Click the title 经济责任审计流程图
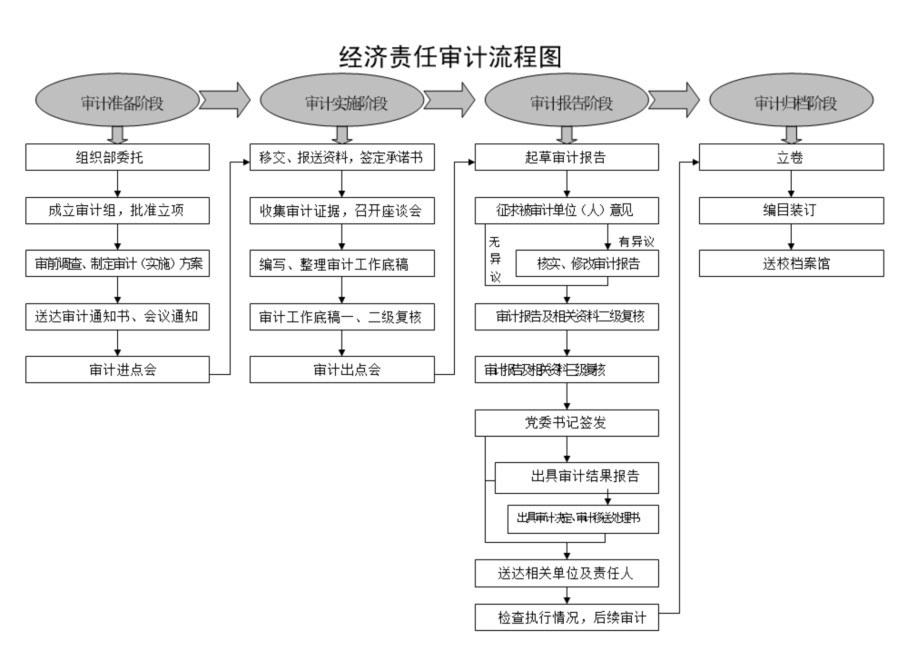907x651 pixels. (x=450, y=56)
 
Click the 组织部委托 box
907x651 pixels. (x=116, y=157)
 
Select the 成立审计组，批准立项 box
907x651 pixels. (x=116, y=211)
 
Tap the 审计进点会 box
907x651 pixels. (x=116, y=370)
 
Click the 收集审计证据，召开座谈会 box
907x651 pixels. (x=341, y=211)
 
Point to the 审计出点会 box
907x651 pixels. (x=341, y=370)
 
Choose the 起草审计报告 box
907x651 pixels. (x=567, y=157)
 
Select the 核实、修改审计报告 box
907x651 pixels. (x=587, y=264)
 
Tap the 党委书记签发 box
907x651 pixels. (x=567, y=423)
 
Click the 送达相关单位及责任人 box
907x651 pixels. (x=567, y=573)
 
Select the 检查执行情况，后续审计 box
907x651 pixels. (x=567, y=617)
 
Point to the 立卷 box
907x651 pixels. (x=791, y=157)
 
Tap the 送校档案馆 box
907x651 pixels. (x=791, y=264)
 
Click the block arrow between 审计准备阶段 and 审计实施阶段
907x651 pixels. (x=224, y=100)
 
